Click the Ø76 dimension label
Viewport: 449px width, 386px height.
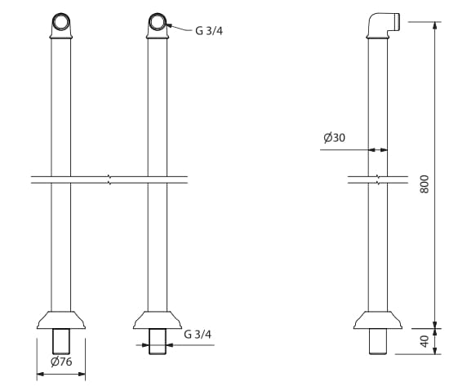tap(60, 362)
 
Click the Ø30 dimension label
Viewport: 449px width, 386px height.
tap(334, 138)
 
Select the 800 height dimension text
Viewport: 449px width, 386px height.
tap(424, 184)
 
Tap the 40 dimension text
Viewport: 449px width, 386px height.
tap(424, 340)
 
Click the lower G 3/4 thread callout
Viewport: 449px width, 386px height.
tap(198, 334)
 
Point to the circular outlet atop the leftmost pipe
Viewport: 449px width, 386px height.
tap(60, 22)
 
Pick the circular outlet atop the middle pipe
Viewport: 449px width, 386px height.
tap(158, 22)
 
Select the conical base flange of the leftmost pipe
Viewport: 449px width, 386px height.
tap(60, 319)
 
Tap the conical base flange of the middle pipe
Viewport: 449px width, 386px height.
tap(158, 319)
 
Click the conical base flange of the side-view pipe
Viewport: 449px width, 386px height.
tap(378, 319)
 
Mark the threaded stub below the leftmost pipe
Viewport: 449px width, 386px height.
tap(60, 341)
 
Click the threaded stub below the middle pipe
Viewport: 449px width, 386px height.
tap(158, 341)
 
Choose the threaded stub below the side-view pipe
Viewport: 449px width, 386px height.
tap(378, 341)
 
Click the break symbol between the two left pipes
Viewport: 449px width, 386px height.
tap(109, 179)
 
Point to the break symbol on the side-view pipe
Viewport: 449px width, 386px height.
tap(378, 179)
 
